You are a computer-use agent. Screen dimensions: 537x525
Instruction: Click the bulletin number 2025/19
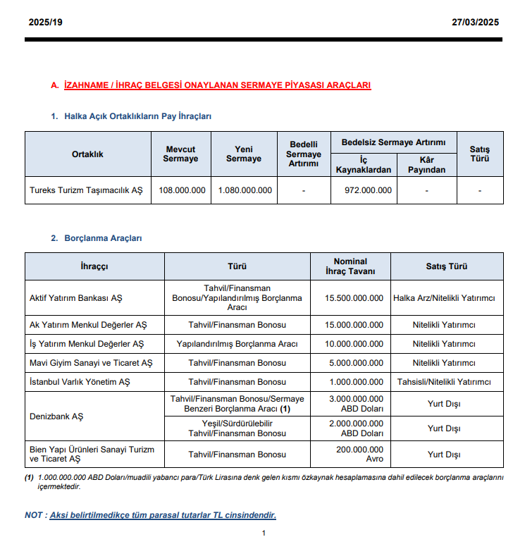pyautogui.click(x=46, y=23)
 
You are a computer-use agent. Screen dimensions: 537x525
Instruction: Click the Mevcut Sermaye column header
pyautogui.click(x=180, y=154)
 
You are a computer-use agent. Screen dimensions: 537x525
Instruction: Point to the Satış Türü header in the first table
pyautogui.click(x=480, y=154)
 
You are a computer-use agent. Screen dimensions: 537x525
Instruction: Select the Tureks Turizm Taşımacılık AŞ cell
pyautogui.click(x=86, y=190)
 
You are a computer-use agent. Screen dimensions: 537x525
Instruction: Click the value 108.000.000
pyautogui.click(x=182, y=190)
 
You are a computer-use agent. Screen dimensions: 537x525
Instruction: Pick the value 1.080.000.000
pyautogui.click(x=245, y=190)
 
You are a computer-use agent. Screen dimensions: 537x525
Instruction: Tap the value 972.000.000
pyautogui.click(x=369, y=190)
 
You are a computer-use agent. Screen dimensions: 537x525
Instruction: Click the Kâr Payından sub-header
pyautogui.click(x=426, y=165)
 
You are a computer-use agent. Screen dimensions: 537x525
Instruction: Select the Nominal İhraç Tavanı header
pyautogui.click(x=350, y=266)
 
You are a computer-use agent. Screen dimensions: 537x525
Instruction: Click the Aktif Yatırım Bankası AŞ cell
pyautogui.click(x=76, y=298)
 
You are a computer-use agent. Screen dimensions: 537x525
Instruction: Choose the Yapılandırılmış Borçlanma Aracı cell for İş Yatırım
pyautogui.click(x=237, y=344)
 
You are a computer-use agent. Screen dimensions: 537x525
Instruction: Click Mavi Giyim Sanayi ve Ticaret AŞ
pyautogui.click(x=91, y=363)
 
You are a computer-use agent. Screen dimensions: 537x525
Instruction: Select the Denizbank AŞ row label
pyautogui.click(x=56, y=416)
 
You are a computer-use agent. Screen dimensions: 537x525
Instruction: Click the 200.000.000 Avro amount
pyautogui.click(x=360, y=455)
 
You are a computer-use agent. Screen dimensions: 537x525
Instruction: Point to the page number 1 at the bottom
pyautogui.click(x=264, y=533)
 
